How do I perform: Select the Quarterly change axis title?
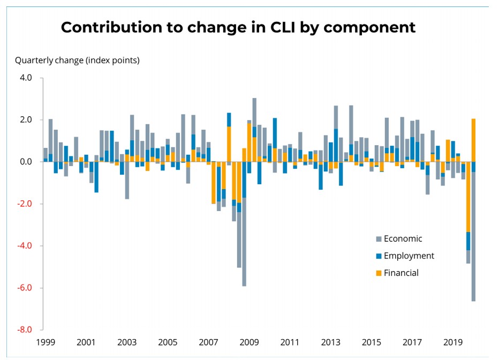77,60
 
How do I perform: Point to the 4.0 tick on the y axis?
26,78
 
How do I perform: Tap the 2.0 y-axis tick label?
26,119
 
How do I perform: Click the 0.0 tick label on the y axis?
26,162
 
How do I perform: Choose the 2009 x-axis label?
249,342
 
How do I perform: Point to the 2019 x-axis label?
453,342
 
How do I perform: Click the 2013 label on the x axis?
331,342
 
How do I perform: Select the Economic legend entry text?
403,239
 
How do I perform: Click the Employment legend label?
409,256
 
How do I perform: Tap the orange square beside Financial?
379,273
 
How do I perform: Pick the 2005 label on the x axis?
168,342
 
